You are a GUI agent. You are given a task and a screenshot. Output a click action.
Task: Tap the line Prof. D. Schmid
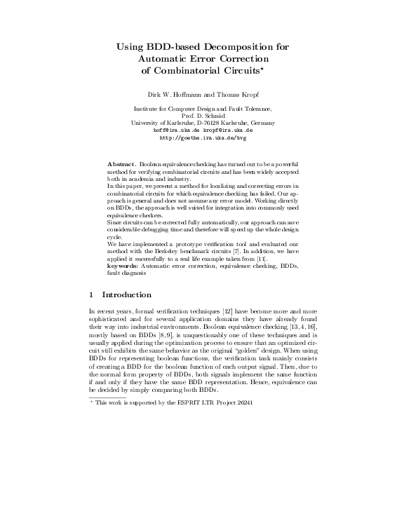pyautogui.click(x=202, y=116)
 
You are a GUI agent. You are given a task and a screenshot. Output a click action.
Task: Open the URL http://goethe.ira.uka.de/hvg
pyautogui.click(x=202, y=138)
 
